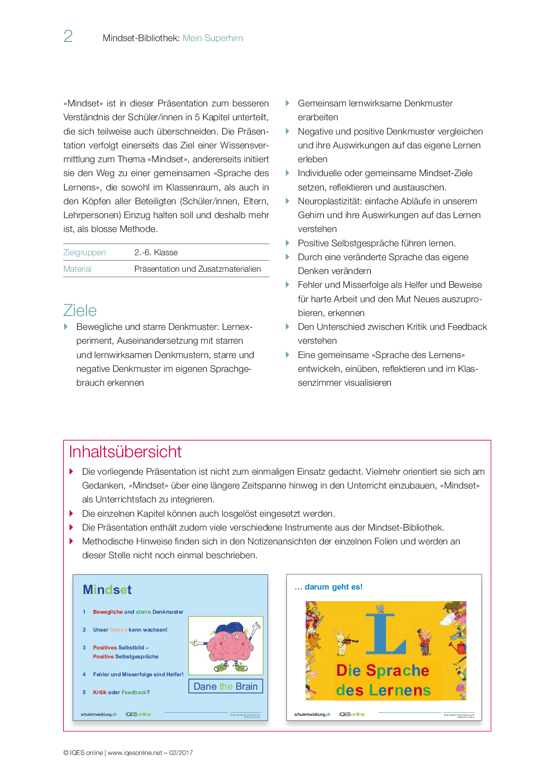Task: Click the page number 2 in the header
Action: tap(68, 36)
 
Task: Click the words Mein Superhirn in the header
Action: tap(213, 38)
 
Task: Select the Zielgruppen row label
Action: tap(84, 253)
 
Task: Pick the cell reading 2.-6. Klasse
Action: tap(156, 253)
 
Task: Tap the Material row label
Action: tap(77, 269)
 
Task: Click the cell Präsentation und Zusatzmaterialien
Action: tap(197, 269)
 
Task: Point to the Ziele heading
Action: tap(80, 311)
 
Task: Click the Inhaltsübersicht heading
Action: tap(125, 452)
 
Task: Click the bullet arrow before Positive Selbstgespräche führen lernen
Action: tap(288, 243)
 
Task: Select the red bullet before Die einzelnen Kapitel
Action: tap(71, 514)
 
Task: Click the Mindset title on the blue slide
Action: tap(107, 590)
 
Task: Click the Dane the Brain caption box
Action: tap(226, 687)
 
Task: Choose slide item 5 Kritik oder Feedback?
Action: tap(121, 692)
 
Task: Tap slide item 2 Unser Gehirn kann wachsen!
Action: tap(130, 630)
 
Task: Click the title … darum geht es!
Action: tap(329, 587)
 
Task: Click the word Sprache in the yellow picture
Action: tap(397, 670)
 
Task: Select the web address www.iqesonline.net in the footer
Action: tap(135, 753)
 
